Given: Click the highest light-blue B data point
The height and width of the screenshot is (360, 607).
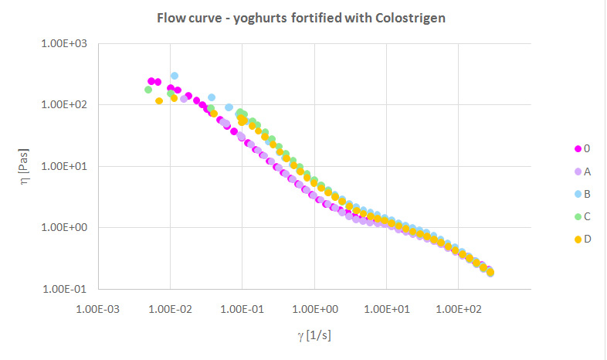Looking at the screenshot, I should (175, 76).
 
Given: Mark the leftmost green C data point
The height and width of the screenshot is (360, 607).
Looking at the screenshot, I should (148, 90).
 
